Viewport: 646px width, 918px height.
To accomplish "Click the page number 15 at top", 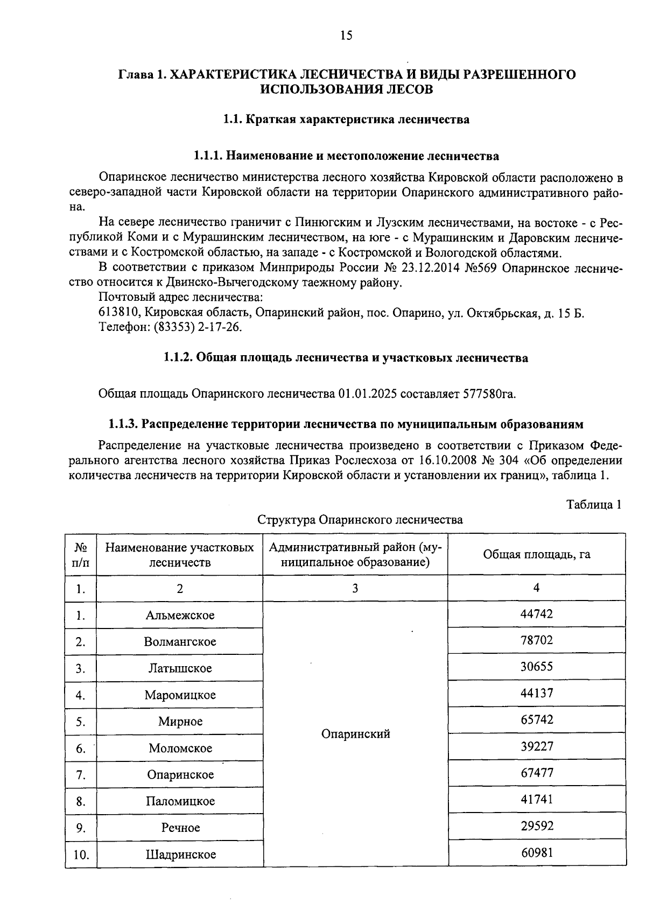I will [x=346, y=36].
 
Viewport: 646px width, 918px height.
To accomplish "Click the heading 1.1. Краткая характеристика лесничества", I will [x=346, y=119].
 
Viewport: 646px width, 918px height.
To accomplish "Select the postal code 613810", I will [x=120, y=313].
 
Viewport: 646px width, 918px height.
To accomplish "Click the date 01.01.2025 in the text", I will [x=368, y=394].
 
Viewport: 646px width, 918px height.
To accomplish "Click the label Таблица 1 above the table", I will [x=594, y=505].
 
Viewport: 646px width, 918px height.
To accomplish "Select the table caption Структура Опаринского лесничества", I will [x=360, y=520].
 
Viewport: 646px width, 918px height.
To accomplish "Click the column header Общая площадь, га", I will [x=536, y=555].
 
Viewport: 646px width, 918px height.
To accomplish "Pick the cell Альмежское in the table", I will [x=180, y=615].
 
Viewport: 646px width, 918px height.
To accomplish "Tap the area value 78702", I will [x=536, y=641].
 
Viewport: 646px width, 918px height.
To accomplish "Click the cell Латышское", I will [x=180, y=668].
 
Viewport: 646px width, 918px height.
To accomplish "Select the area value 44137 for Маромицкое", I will [x=536, y=694].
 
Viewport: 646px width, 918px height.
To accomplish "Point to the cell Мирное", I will [x=180, y=722].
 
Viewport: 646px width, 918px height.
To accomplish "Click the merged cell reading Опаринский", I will [x=355, y=734].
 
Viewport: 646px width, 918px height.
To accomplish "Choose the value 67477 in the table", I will [x=536, y=773].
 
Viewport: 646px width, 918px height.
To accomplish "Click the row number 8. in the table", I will [x=81, y=802].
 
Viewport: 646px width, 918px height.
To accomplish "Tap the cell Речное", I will [x=180, y=828].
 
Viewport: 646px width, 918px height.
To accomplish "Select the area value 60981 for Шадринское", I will [x=536, y=852].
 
